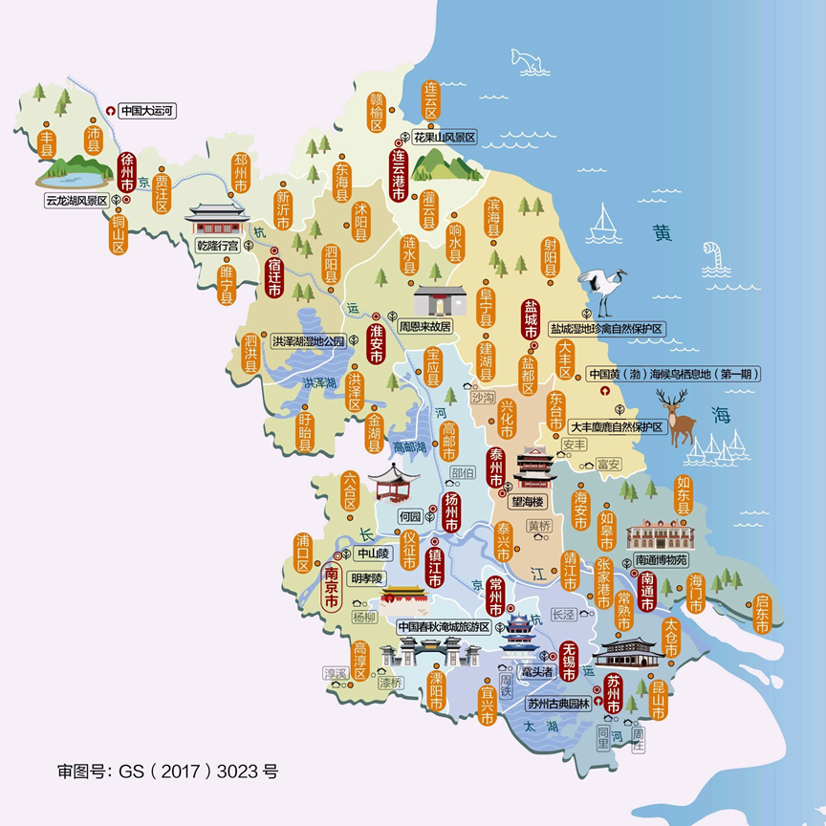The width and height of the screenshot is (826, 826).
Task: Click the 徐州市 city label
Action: click(125, 172)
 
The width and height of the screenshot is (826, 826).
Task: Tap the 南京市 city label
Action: click(332, 590)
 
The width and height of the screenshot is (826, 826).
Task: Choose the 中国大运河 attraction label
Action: click(146, 111)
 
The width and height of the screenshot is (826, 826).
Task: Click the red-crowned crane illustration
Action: click(604, 287)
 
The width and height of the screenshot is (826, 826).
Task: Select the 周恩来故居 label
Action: click(425, 326)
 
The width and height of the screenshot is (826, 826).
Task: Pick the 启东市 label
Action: click(762, 614)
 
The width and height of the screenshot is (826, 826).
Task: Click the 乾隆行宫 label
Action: click(217, 246)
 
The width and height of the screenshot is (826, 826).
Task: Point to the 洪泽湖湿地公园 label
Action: click(308, 340)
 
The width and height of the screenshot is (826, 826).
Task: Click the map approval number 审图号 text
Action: click(167, 770)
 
